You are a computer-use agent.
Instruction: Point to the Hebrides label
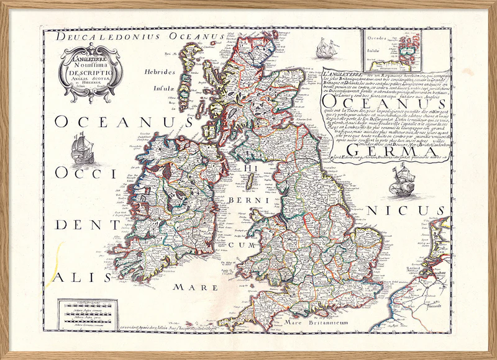point(157,88)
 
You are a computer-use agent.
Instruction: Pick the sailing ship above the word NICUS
point(395,180)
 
